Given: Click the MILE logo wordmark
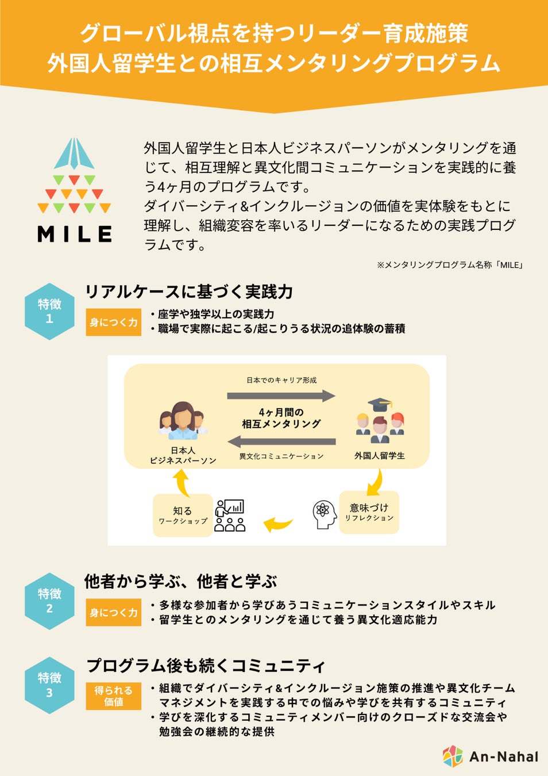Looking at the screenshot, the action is coord(75,234).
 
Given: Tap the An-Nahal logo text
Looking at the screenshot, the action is coord(503,756).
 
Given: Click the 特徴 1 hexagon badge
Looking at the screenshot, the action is coord(49,311).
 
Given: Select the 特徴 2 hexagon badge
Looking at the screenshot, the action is coord(49,601).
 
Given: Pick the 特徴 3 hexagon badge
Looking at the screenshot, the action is coord(49,685).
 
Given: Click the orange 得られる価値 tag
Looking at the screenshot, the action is coord(113,696).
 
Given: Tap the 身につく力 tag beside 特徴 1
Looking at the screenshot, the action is coord(113,322).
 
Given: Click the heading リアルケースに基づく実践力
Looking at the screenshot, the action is coord(189,292).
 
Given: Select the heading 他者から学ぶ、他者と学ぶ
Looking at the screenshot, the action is coord(180,582).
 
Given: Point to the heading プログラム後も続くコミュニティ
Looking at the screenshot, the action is coord(206,666).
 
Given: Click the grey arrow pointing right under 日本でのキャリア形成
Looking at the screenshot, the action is coord(281,395).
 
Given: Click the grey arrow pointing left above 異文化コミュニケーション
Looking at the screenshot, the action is coord(281,442).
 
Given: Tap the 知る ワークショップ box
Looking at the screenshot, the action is coord(183,515).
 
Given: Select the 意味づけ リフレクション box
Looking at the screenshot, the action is coord(369,512).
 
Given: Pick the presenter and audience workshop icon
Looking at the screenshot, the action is coord(230,515).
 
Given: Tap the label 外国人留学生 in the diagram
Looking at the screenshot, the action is coord(379,456).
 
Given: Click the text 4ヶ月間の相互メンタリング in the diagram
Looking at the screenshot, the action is coord(281,418).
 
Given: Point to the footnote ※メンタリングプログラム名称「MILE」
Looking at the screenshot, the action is coord(449,265).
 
